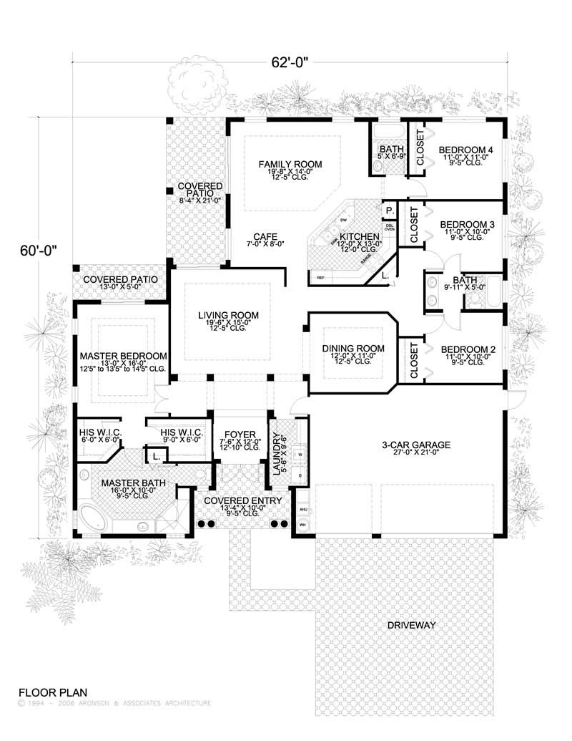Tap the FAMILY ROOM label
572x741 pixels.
point(290,165)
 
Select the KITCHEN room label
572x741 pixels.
point(359,237)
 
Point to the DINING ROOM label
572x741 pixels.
point(353,349)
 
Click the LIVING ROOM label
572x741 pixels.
point(229,315)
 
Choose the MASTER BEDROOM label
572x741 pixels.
point(124,356)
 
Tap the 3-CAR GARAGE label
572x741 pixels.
point(405,444)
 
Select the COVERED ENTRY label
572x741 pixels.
point(243,500)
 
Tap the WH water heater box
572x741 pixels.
point(302,526)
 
